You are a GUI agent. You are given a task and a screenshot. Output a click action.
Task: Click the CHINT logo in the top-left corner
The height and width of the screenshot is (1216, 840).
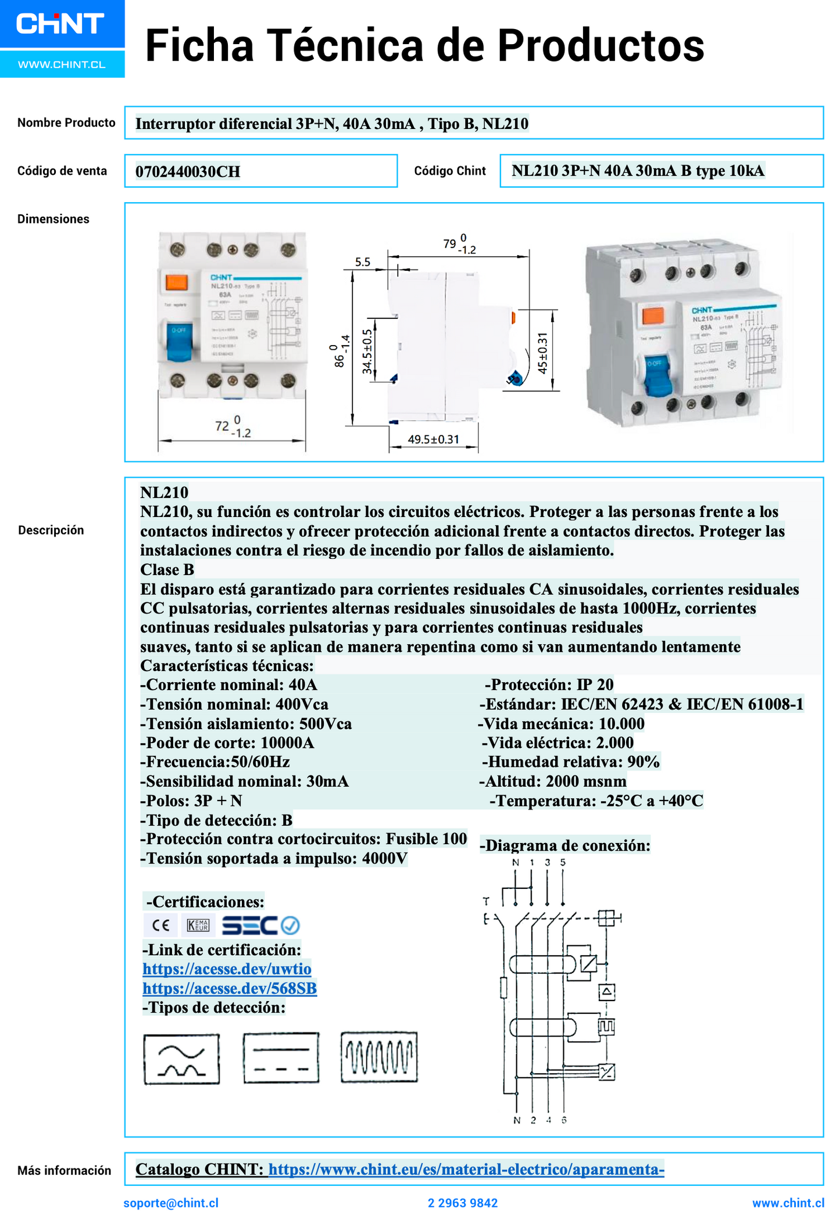click(60, 24)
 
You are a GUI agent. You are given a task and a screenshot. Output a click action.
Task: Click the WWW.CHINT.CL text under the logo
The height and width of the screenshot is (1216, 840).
click(62, 64)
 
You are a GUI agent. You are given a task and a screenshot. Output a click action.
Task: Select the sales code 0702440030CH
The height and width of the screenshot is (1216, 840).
click(187, 171)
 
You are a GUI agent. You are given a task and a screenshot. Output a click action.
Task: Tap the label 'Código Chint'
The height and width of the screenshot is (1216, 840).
click(449, 171)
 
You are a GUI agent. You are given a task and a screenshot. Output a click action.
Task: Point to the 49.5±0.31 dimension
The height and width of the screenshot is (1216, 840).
click(433, 439)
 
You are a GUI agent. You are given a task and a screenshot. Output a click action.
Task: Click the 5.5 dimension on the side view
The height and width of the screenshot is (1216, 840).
click(363, 262)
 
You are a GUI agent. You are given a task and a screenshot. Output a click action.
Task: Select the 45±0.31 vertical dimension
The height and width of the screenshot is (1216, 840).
click(542, 353)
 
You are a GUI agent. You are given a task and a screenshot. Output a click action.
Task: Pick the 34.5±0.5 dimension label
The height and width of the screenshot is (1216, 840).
click(367, 351)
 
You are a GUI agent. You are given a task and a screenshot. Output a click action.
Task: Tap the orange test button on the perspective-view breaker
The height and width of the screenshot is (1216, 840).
click(653, 316)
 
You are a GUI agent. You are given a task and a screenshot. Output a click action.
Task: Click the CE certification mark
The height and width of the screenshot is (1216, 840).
click(160, 925)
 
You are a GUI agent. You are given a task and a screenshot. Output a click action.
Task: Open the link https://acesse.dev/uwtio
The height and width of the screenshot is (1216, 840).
click(227, 969)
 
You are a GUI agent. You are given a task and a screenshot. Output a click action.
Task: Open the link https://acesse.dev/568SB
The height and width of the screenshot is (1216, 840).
click(230, 988)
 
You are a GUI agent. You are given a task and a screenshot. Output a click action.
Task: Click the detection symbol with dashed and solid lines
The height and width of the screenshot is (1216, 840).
click(281, 1057)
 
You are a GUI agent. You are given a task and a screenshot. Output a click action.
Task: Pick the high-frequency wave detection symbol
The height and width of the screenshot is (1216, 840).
click(379, 1057)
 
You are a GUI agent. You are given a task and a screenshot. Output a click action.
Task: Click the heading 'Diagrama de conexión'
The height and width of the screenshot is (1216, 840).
click(564, 845)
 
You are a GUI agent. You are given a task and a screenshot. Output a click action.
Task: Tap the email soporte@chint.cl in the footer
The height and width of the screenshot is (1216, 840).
click(171, 1203)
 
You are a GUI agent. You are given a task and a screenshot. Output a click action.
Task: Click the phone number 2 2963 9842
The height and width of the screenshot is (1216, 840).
click(463, 1203)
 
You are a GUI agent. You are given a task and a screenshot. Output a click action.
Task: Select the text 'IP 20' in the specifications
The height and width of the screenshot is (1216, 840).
click(595, 684)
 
